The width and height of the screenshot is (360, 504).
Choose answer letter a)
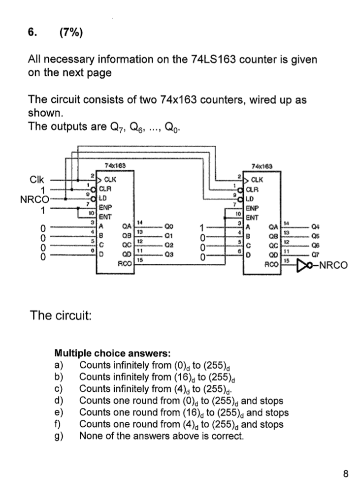pos(58,365)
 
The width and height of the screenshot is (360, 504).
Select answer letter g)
pos(58,436)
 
